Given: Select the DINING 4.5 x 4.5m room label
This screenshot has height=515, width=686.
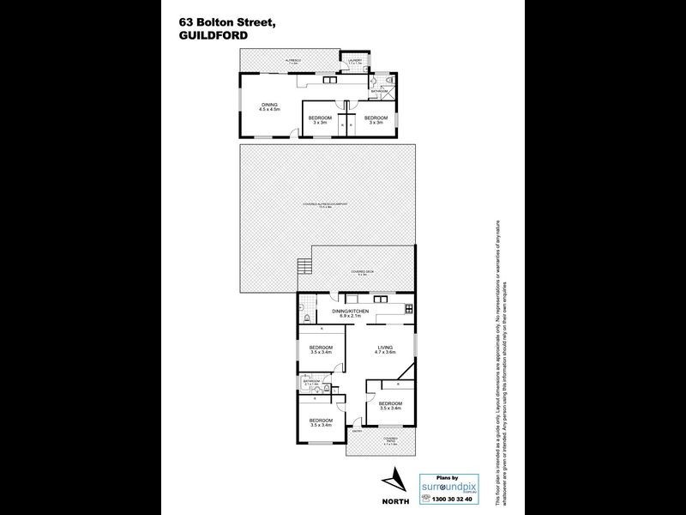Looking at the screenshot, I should coord(271,107).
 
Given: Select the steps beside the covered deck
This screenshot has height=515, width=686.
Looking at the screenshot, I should coord(303,268).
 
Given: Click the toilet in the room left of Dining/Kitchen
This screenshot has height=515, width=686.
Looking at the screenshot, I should coord(306,319).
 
